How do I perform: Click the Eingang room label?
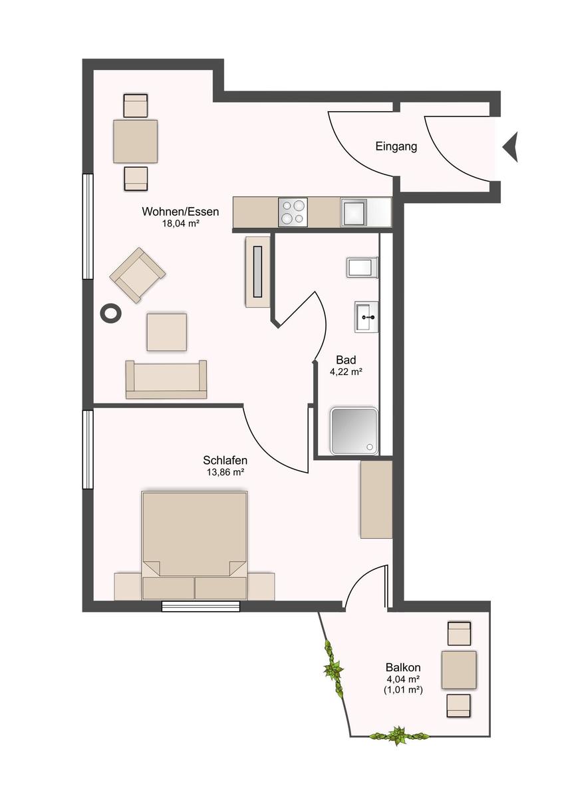coord(396,146)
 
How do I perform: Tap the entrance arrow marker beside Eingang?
coord(511,147)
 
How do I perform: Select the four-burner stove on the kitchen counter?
coord(293,212)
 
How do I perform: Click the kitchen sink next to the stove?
coord(354,212)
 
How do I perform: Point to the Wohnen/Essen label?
coord(180,212)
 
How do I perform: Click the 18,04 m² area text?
coord(180,224)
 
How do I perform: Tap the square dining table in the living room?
coord(136,142)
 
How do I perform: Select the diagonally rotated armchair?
coord(138,276)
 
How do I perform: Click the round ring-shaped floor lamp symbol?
coord(111,314)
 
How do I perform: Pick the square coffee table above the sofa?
coord(167,332)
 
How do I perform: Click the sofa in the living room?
coord(166,380)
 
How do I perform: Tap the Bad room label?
coord(346,360)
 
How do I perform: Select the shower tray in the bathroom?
coord(353,431)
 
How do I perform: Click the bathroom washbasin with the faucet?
coord(366,317)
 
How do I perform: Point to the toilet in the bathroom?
coord(362,267)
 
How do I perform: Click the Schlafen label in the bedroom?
coord(225,460)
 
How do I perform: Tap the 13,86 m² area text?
coord(225,473)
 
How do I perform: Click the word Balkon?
coord(403,667)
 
